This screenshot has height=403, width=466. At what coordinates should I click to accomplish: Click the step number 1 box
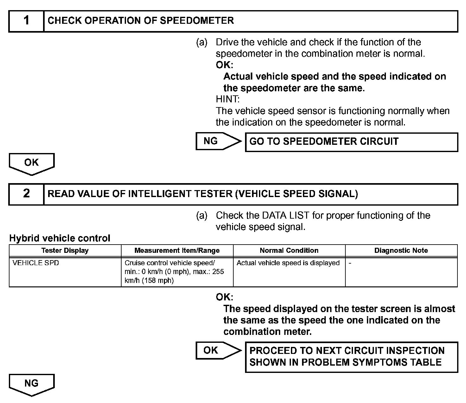26,21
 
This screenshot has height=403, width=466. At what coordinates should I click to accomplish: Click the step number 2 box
26,194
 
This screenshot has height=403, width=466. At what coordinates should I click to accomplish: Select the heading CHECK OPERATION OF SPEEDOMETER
141,21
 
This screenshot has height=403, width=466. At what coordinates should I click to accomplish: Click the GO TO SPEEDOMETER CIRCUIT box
351,142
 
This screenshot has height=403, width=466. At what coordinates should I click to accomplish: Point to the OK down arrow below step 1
32,163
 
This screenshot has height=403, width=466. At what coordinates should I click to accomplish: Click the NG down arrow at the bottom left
32,384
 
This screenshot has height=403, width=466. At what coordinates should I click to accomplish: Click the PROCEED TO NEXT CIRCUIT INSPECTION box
351,357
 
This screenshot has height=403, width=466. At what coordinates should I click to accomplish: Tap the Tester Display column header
65,251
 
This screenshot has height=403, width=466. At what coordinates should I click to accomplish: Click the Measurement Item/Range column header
177,251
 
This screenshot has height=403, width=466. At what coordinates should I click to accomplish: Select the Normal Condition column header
289,251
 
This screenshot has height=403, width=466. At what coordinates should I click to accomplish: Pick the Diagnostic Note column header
401,251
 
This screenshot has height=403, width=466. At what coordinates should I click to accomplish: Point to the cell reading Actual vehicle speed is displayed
288,263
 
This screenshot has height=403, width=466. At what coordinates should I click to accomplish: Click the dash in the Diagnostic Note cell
350,263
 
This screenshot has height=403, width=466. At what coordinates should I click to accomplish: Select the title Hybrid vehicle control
60,238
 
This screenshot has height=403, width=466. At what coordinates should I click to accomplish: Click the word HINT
228,99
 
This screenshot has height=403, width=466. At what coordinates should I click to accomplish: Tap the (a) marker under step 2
202,216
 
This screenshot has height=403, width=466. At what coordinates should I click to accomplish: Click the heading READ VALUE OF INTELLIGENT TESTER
203,194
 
